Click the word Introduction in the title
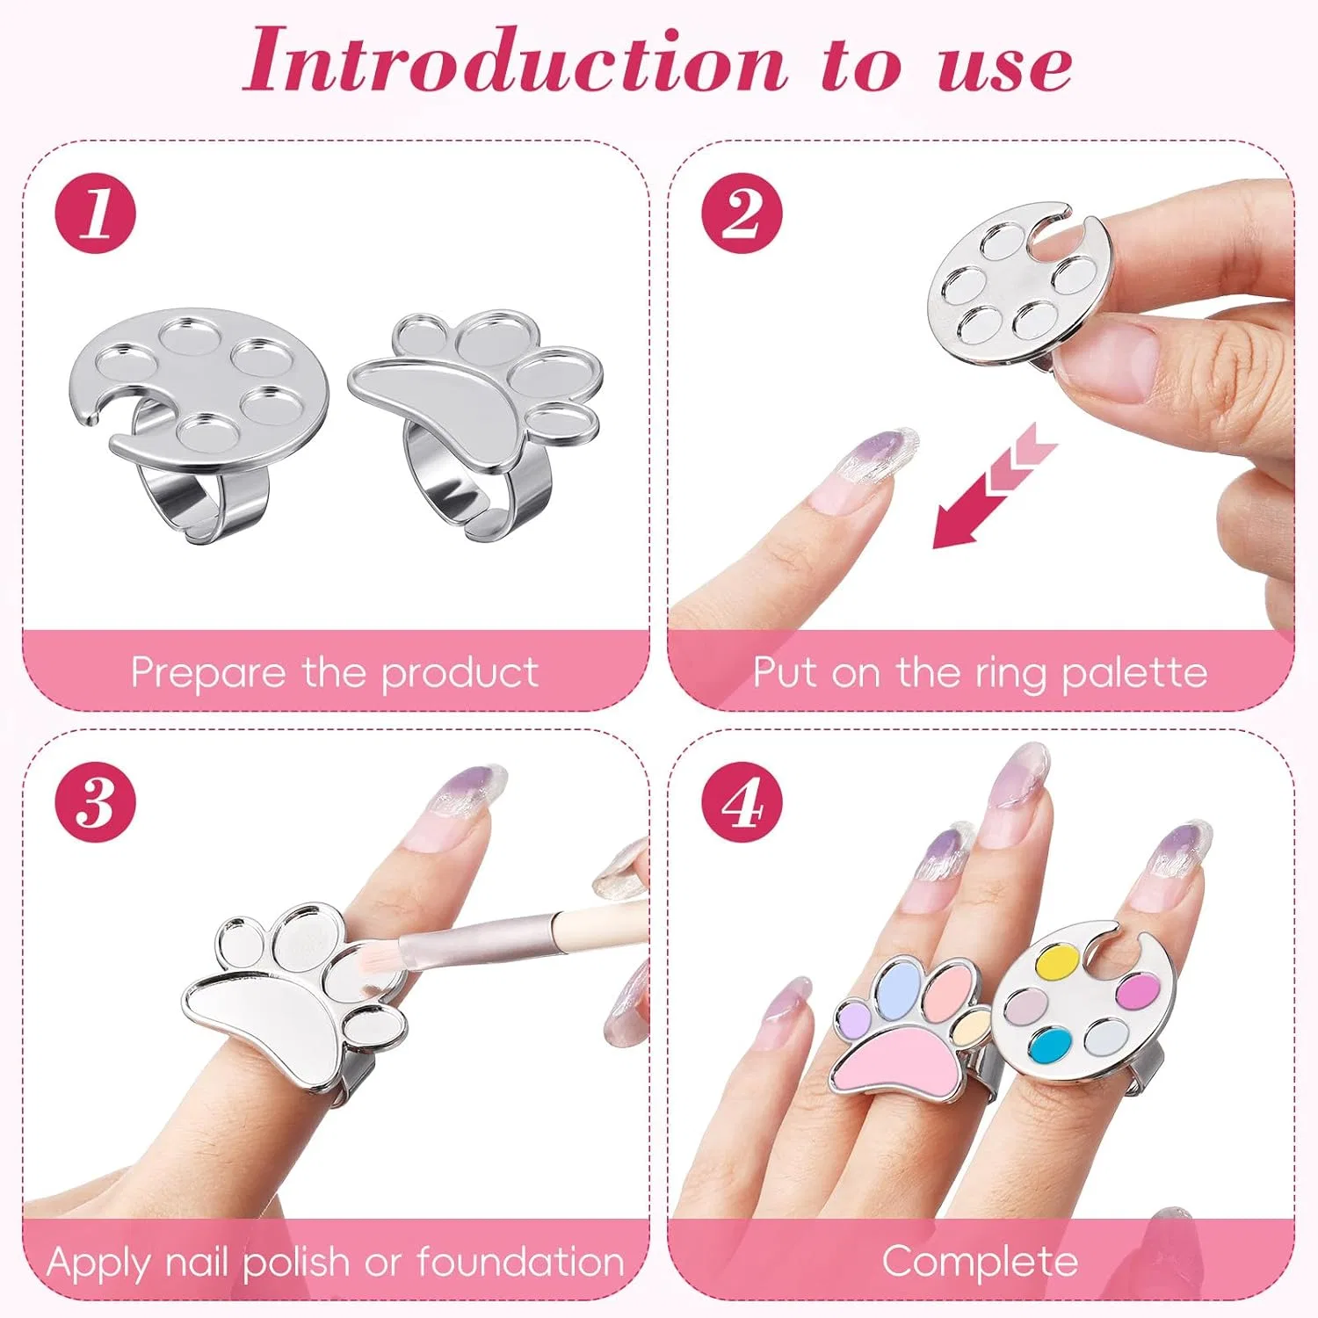[x=515, y=61]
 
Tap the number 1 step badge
[x=96, y=214]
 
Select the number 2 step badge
[x=742, y=214]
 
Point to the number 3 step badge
[x=96, y=802]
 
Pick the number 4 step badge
[x=742, y=802]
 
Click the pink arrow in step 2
[x=993, y=486]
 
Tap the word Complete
[x=980, y=1262]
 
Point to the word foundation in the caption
[x=520, y=1262]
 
